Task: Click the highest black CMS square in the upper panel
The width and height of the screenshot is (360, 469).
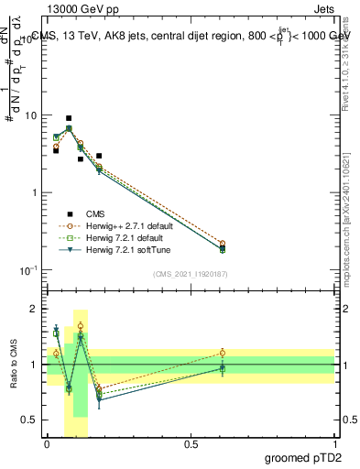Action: click(x=69, y=118)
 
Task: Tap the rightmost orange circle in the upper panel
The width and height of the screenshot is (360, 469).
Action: click(x=223, y=244)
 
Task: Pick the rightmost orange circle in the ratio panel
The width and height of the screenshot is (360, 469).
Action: click(x=223, y=353)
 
